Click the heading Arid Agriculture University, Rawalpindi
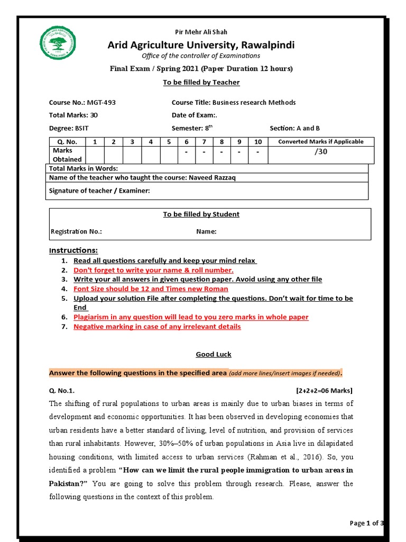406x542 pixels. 201,45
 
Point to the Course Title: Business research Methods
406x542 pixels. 234,103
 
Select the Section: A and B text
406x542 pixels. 294,128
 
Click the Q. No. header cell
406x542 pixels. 67,142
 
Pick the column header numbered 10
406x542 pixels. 257,142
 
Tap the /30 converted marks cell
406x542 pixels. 320,151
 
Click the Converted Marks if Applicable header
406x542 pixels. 320,142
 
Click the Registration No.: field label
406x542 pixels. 76,231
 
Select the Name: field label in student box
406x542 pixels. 206,231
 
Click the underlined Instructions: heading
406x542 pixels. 73,250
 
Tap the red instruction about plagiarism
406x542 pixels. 191,317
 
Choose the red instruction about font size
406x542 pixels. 151,289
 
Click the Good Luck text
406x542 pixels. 214,355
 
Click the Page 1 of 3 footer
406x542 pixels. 366,523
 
